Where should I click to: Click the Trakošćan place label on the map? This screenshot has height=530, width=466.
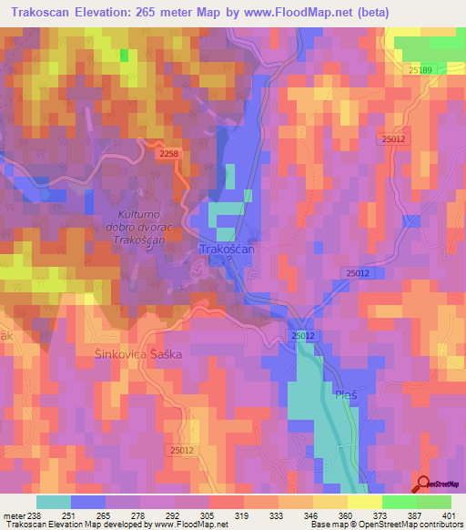(228, 249)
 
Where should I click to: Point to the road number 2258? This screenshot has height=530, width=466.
(168, 155)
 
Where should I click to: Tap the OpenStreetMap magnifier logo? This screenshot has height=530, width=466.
(423, 485)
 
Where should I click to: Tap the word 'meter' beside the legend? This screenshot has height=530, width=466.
(13, 515)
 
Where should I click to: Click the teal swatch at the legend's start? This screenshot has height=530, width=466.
(54, 502)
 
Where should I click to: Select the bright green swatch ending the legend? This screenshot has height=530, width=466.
(434, 502)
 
